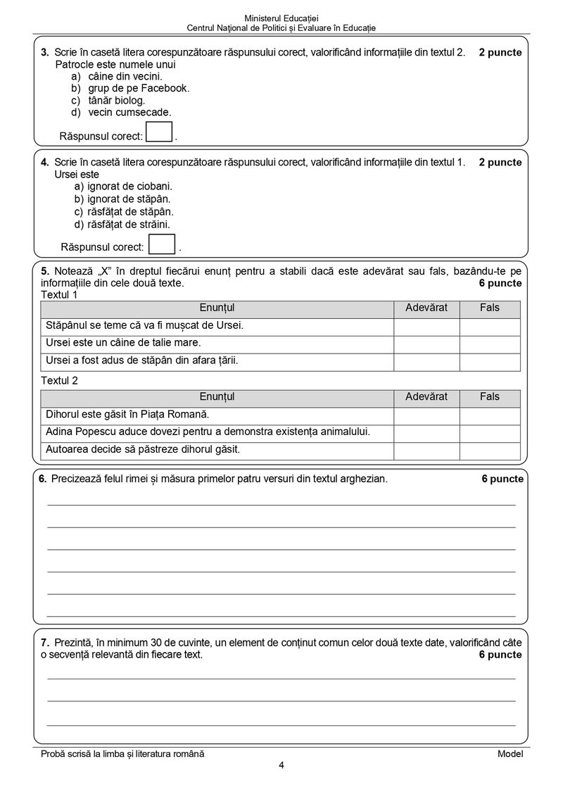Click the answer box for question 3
click(159, 132)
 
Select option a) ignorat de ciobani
click(123, 187)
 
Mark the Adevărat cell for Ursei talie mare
click(426, 344)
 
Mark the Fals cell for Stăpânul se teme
click(490, 326)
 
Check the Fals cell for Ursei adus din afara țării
click(490, 361)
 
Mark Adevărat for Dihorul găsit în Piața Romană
click(426, 415)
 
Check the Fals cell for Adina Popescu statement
click(490, 432)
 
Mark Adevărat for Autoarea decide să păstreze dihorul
click(426, 450)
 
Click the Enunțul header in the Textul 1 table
click(217, 308)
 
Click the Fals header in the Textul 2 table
click(490, 397)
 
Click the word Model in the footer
click(510, 753)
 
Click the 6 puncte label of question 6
click(502, 479)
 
